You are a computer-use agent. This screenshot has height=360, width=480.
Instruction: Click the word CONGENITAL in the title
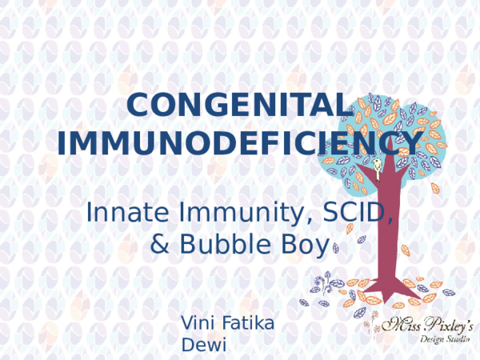point(240,106)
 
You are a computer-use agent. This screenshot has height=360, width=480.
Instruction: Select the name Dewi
point(204,345)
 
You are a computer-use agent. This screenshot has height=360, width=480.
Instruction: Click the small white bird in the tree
point(375,166)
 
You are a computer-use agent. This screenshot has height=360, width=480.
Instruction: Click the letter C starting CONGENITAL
point(141,106)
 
